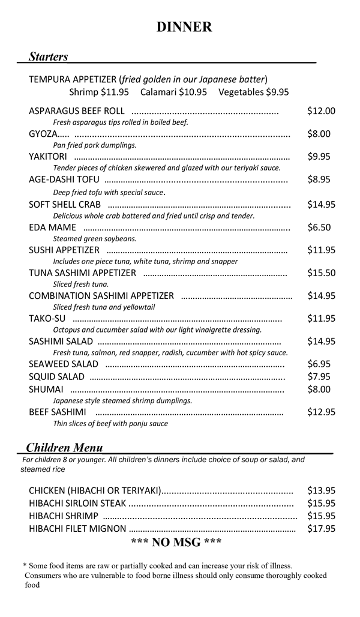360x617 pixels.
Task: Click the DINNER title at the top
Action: click(184, 27)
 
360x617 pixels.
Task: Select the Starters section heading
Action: click(48, 57)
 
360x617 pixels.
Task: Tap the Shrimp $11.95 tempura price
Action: click(99, 92)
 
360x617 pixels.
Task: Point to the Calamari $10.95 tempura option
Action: click(173, 92)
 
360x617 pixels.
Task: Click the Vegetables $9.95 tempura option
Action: click(253, 92)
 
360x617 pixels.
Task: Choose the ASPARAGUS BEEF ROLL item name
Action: click(76, 111)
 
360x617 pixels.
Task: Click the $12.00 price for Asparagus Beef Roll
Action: click(321, 111)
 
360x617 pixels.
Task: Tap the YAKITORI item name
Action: click(48, 157)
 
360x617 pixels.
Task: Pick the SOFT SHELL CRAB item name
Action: click(65, 205)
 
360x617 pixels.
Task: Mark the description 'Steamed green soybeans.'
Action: click(86, 238)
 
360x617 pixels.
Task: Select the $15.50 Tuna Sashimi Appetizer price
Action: click(321, 273)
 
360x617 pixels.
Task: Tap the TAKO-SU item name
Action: click(47, 319)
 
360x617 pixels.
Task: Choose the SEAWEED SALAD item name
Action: click(64, 364)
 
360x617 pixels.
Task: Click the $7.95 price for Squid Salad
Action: click(319, 376)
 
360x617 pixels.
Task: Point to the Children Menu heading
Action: click(64, 448)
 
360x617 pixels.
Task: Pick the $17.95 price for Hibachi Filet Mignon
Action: click(321, 529)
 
